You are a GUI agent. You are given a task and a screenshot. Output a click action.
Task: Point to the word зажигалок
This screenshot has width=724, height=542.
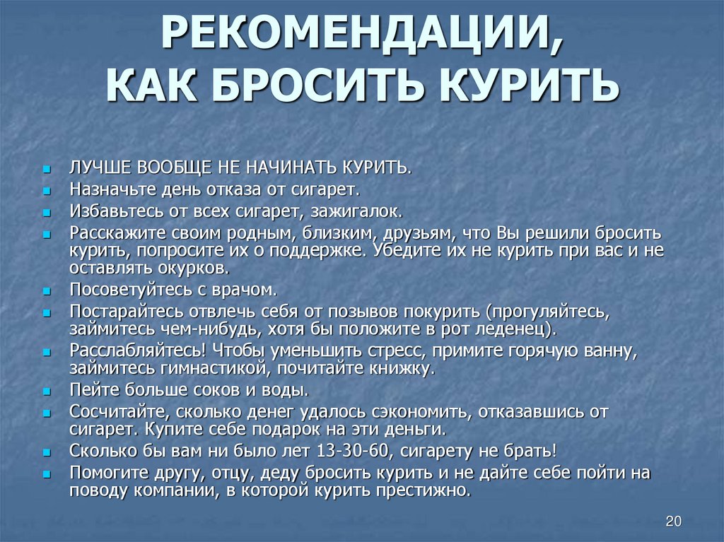[356, 211]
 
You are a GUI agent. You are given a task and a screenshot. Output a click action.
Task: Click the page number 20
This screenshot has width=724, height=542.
[673, 522]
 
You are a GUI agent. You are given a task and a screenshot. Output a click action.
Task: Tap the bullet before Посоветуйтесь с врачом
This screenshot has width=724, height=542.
[46, 292]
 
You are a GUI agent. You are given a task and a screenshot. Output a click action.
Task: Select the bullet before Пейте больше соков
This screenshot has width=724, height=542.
[46, 392]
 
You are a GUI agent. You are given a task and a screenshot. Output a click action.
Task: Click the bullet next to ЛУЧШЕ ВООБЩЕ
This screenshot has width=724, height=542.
[46, 169]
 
